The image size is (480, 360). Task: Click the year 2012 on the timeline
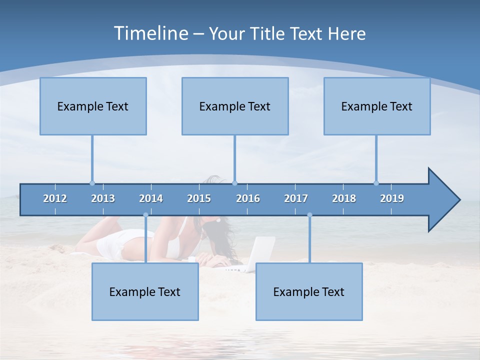click(x=55, y=198)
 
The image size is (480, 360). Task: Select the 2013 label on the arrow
click(x=103, y=198)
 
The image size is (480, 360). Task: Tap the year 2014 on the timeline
click(x=151, y=198)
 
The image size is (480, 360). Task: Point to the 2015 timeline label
click(x=199, y=198)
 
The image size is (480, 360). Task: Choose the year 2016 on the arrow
click(x=248, y=198)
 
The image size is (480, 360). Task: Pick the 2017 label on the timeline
click(x=296, y=198)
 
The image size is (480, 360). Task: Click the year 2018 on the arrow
click(x=344, y=198)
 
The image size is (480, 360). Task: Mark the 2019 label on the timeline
click(x=392, y=198)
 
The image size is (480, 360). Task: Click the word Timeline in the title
click(x=151, y=33)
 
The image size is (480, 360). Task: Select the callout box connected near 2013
click(x=93, y=106)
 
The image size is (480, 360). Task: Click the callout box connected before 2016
click(x=235, y=106)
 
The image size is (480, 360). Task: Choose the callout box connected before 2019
click(x=377, y=106)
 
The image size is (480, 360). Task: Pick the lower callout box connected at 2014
click(x=145, y=291)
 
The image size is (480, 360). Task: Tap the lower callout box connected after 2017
click(x=309, y=291)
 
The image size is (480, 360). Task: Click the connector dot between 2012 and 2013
click(x=92, y=183)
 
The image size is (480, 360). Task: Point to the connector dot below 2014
click(x=145, y=215)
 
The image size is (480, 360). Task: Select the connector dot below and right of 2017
click(x=309, y=215)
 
